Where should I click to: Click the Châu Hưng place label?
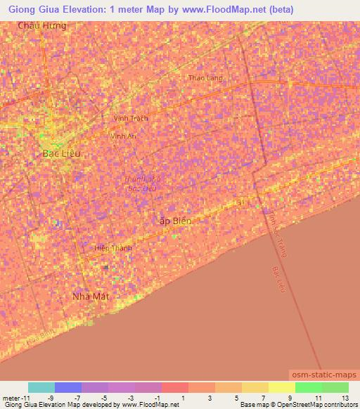[x=44, y=25]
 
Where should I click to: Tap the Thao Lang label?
[x=205, y=78]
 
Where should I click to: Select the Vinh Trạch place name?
[x=131, y=119]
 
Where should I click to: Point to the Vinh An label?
[x=123, y=136]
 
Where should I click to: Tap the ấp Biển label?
[x=176, y=221]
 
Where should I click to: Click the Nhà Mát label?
[x=93, y=297]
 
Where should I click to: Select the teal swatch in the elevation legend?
[x=41, y=387]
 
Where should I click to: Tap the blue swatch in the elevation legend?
[x=68, y=387]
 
